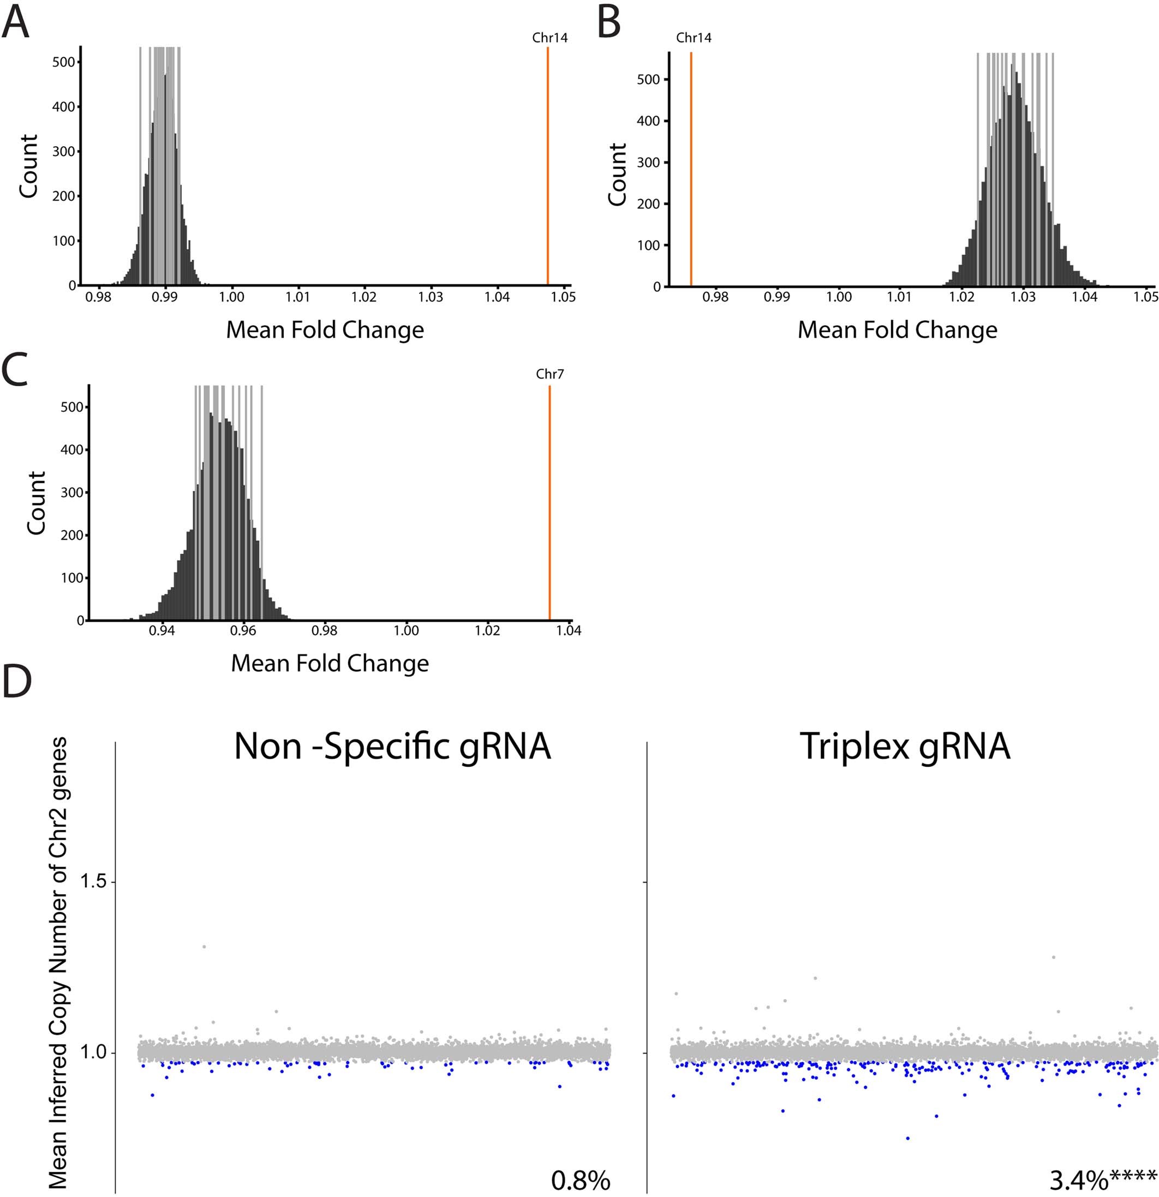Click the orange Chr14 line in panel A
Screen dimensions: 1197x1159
pyautogui.click(x=547, y=165)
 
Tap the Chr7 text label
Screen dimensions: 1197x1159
pyautogui.click(x=549, y=374)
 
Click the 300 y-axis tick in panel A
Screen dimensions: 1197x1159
pyautogui.click(x=63, y=152)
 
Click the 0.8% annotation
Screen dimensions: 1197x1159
pyautogui.click(x=580, y=1181)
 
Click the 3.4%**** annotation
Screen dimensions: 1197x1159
pyautogui.click(x=1103, y=1181)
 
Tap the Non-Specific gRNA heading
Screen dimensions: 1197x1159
pyautogui.click(x=392, y=747)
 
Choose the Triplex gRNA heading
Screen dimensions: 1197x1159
pyautogui.click(x=905, y=747)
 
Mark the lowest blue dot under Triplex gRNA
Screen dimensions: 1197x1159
pyautogui.click(x=908, y=1138)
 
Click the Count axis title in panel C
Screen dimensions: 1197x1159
pyautogui.click(x=37, y=503)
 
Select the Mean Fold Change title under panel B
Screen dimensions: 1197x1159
pyautogui.click(x=897, y=330)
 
